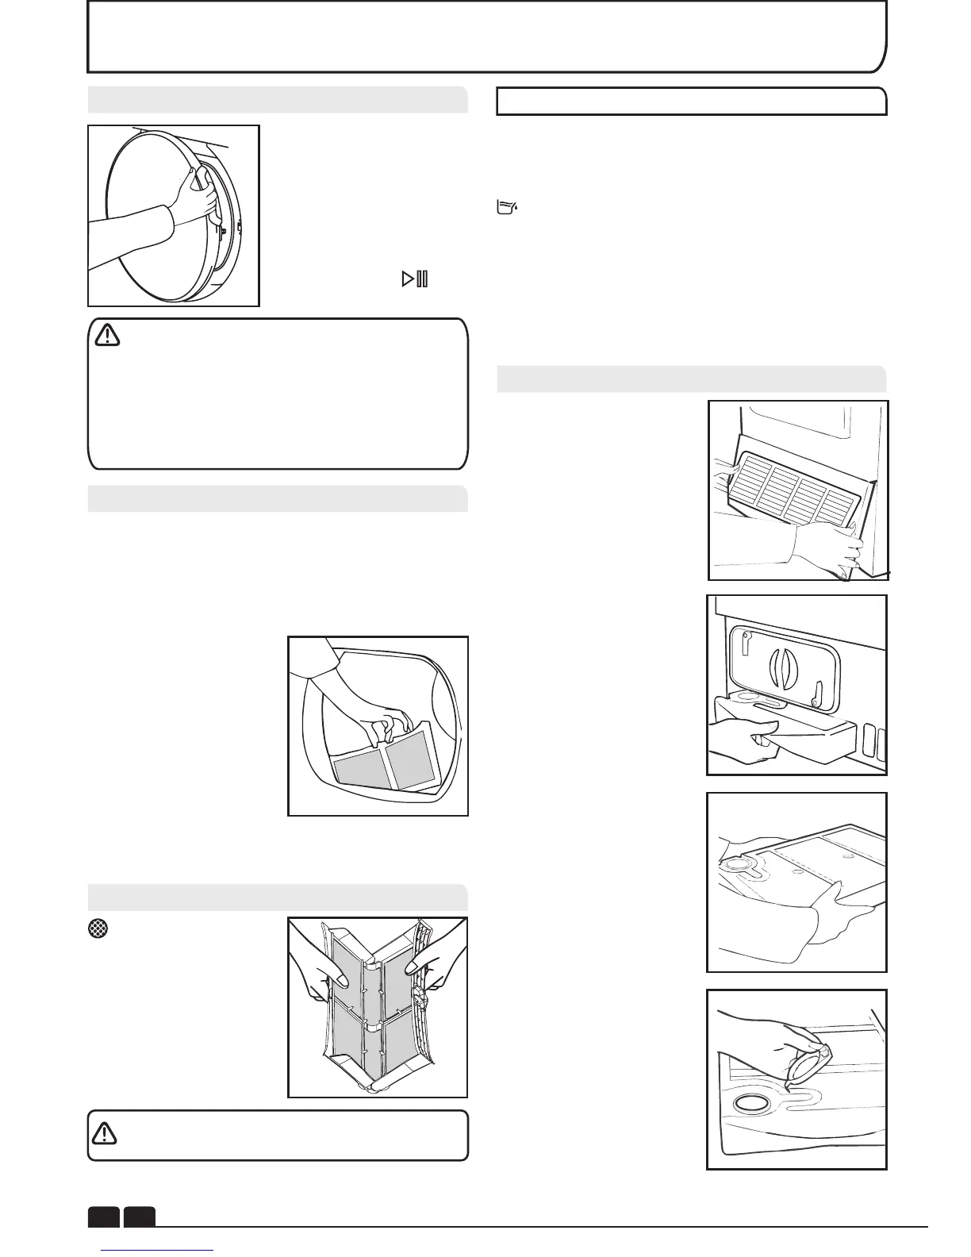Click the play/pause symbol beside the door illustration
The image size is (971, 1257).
[415, 279]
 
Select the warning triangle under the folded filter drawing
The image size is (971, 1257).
[104, 1134]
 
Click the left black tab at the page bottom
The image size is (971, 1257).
[103, 1216]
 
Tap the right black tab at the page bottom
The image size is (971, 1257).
[140, 1216]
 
